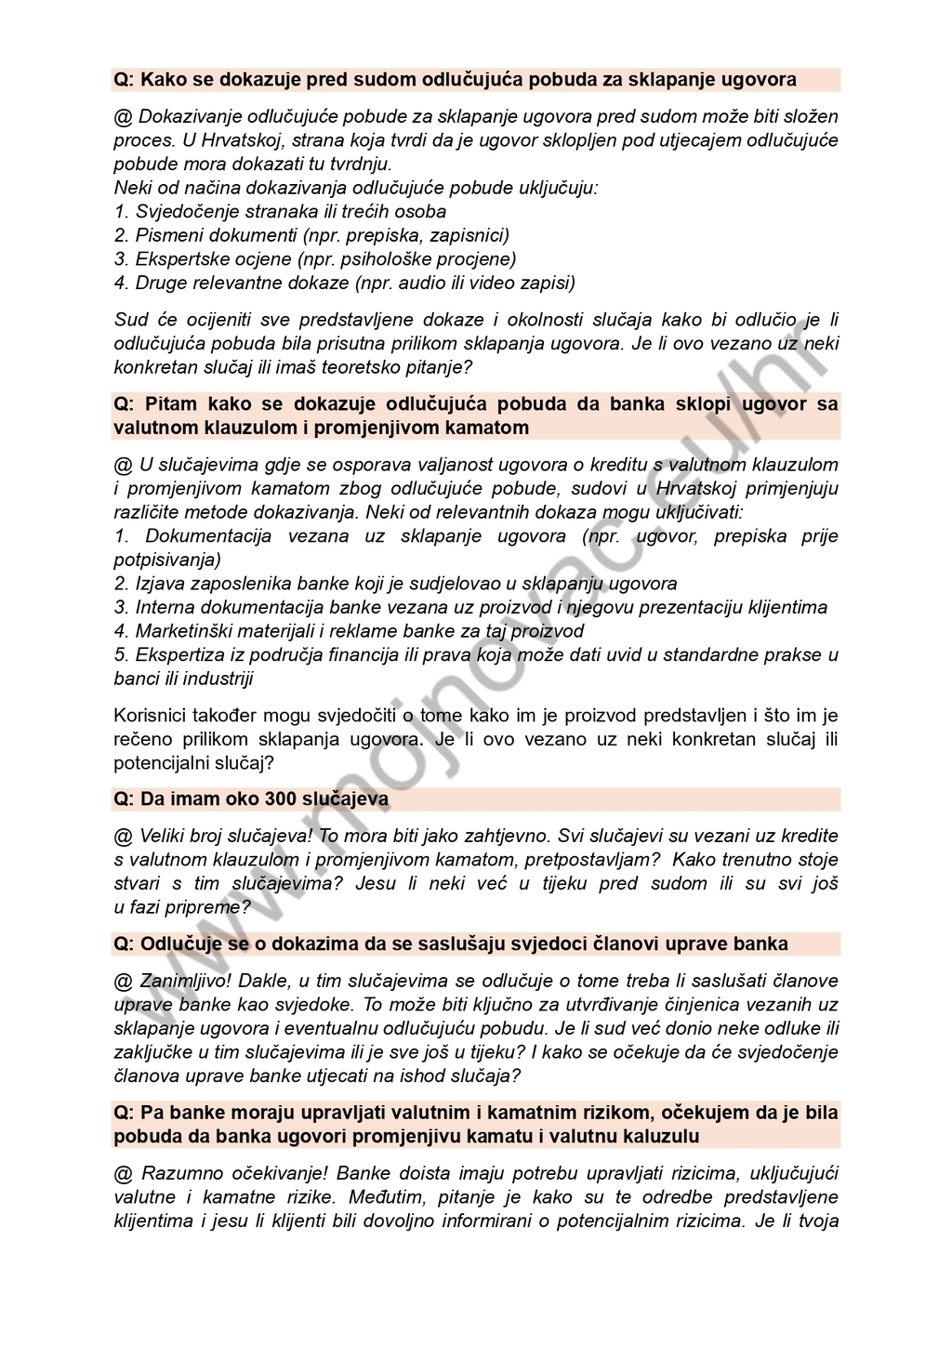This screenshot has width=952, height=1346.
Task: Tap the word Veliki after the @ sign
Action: pos(165,836)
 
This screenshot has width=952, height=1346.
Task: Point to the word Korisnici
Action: pos(153,716)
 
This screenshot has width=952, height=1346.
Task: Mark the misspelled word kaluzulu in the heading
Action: pos(664,1136)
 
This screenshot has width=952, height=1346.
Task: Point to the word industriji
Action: pos(218,679)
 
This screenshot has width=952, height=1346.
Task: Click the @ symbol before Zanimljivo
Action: pos(123,981)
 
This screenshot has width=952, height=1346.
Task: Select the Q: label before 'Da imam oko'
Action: pos(124,799)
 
